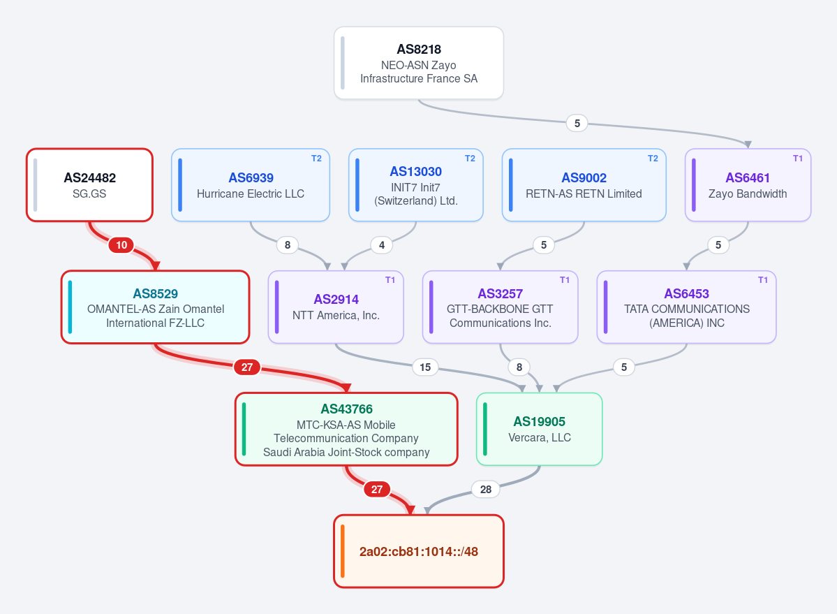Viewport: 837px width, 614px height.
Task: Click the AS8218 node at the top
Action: coord(419,63)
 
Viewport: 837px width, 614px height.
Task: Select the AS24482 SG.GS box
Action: coord(89,184)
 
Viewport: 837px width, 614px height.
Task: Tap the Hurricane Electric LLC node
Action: coord(251,184)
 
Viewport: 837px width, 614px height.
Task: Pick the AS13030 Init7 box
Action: coord(416,184)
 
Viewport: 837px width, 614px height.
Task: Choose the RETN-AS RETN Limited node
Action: coord(584,184)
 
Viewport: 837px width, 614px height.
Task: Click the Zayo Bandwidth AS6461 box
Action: coord(748,184)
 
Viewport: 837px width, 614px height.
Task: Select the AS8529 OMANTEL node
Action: coord(156,307)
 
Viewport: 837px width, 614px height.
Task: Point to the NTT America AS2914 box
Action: coord(336,307)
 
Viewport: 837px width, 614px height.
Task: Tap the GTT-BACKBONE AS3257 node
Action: coord(500,307)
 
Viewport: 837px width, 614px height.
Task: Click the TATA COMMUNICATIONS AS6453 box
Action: coord(686,307)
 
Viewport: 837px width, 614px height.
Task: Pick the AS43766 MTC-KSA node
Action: coord(346,430)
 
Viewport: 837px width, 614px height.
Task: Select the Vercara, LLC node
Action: coord(539,430)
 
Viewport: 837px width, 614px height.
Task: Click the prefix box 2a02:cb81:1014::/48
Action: coord(419,552)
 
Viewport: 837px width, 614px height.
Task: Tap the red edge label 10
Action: coord(121,245)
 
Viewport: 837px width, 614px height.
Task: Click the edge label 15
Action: coord(425,367)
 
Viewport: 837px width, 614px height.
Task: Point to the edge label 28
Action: coord(486,490)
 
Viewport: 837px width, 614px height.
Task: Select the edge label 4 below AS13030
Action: coord(382,245)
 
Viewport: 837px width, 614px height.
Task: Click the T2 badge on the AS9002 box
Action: coord(653,159)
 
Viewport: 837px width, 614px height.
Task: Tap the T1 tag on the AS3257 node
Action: coord(565,280)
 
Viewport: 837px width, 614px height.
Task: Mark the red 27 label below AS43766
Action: coord(377,490)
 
